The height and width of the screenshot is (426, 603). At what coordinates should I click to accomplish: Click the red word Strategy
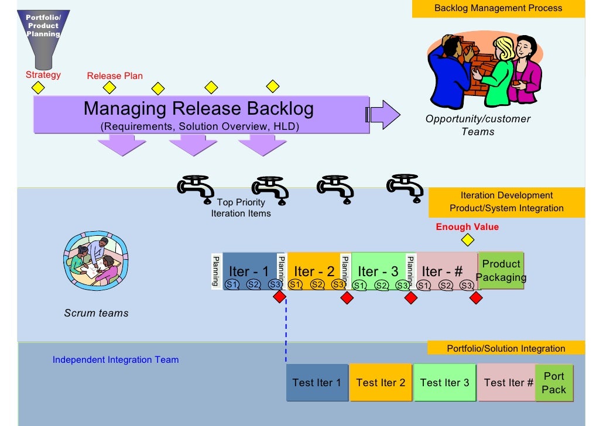tap(43, 75)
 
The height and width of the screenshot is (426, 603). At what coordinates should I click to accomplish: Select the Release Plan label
tap(115, 75)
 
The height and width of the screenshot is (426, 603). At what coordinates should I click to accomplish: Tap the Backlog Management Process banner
tap(498, 8)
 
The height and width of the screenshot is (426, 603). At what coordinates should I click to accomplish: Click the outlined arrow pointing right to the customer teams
tap(384, 114)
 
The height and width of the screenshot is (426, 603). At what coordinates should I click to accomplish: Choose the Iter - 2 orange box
tap(314, 270)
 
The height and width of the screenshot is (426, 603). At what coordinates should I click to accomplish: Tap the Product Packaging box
tap(501, 271)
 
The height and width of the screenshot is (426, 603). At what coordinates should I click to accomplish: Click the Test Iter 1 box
tap(317, 383)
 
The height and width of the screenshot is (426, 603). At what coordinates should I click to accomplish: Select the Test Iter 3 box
tap(444, 383)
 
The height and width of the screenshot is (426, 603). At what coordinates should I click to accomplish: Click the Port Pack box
tap(554, 383)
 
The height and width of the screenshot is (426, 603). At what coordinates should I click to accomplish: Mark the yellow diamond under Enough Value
tap(467, 240)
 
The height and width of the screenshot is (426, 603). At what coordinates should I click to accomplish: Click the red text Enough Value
tap(467, 226)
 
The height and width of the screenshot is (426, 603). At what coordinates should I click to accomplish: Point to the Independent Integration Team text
tap(115, 360)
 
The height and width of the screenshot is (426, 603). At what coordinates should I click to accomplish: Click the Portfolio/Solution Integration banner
tap(506, 348)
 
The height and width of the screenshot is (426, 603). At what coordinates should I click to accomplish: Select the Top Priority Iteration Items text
tap(241, 208)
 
